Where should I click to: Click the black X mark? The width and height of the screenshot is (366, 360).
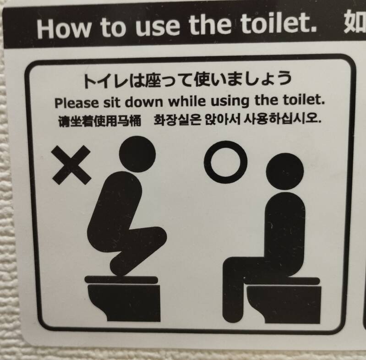click(x=71, y=165)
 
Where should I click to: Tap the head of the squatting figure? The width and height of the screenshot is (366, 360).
click(x=137, y=154)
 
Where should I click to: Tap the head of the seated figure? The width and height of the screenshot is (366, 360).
click(x=285, y=172)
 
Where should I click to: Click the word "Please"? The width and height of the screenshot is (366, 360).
click(x=76, y=103)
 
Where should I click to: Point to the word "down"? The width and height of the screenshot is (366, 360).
click(x=143, y=102)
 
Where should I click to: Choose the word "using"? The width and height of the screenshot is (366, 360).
click(x=230, y=101)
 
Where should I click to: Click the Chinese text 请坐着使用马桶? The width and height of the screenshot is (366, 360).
click(x=99, y=121)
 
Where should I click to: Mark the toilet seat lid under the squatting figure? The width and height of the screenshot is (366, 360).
click(x=121, y=280)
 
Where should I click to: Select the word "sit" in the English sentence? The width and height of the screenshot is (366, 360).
click(x=112, y=103)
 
